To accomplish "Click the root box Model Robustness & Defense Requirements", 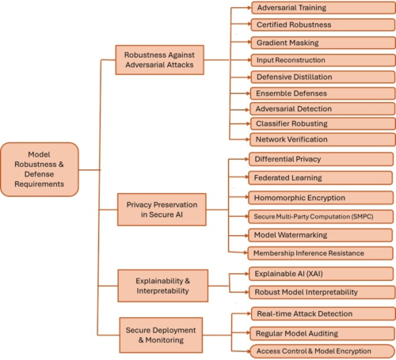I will [40, 169].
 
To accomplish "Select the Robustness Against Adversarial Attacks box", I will [164, 60].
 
